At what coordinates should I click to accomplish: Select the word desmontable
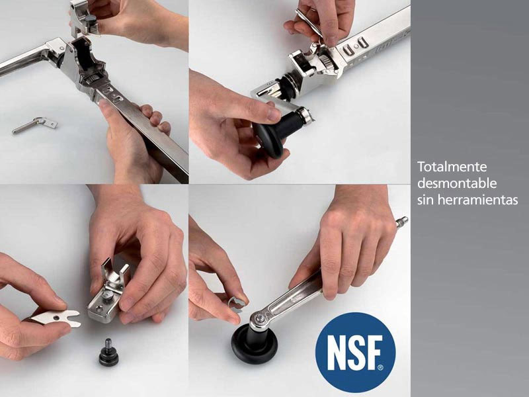click(x=457, y=183)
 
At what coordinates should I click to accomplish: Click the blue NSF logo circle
click(x=355, y=353)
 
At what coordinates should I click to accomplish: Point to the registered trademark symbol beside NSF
click(x=381, y=367)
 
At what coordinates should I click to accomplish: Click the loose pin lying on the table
click(x=35, y=124)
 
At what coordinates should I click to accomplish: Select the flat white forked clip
click(x=58, y=318)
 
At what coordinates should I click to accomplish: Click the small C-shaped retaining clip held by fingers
click(x=237, y=304)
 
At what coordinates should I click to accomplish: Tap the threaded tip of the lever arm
click(x=402, y=221)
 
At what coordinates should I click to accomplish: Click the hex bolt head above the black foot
click(x=259, y=318)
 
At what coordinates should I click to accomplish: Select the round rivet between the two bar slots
click(x=356, y=46)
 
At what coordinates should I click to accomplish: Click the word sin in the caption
click(x=425, y=200)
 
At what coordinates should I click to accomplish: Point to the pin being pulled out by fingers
click(x=309, y=24)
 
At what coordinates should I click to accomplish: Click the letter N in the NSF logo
click(x=335, y=353)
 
